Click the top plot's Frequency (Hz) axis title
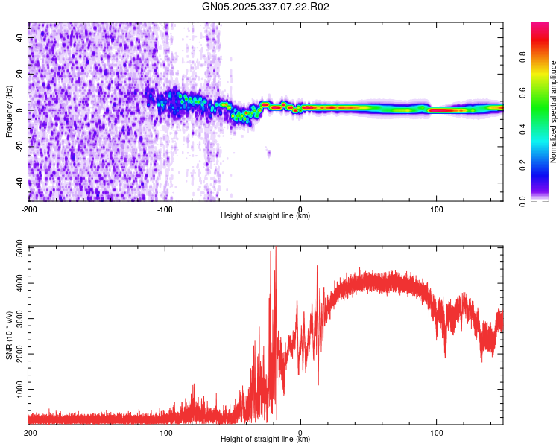click(9, 111)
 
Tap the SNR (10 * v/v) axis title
click(9, 335)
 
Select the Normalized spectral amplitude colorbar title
click(553, 112)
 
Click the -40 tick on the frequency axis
click(19, 183)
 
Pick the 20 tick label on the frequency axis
click(20, 74)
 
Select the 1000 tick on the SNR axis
click(16, 390)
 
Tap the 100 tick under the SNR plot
click(436, 432)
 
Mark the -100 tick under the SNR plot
click(165, 432)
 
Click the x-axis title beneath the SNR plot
click(265, 440)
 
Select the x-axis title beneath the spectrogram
click(265, 216)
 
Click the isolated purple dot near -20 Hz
click(269, 153)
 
